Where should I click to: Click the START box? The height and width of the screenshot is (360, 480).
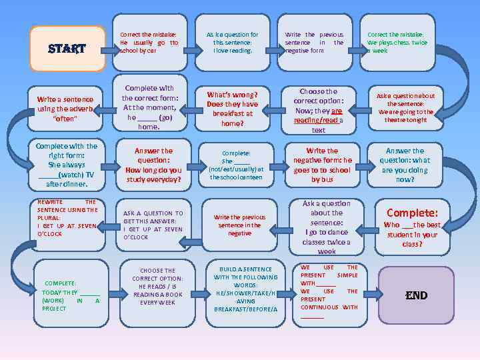[67, 49]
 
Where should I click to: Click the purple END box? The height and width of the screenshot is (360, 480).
[416, 295]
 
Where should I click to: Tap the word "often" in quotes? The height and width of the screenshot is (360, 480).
[65, 119]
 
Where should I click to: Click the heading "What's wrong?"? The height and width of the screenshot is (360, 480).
[232, 95]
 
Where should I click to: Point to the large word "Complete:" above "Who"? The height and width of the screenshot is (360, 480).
[412, 213]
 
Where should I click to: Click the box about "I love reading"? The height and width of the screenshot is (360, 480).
[233, 42]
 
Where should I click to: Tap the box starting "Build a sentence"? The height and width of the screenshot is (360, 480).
[245, 290]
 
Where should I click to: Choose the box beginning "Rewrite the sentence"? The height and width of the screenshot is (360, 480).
[67, 218]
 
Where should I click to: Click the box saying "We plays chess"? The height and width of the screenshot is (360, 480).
[397, 42]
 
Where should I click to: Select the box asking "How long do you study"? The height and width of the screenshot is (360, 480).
[153, 165]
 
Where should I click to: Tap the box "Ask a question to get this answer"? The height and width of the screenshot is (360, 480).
[153, 225]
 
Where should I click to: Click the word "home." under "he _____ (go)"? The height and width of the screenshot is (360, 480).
[149, 127]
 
